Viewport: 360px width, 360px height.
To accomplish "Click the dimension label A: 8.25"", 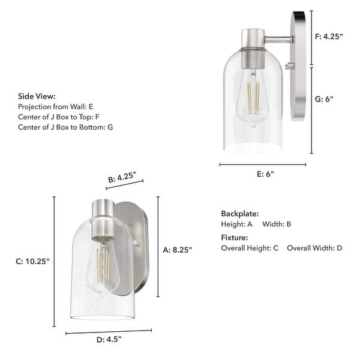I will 177,250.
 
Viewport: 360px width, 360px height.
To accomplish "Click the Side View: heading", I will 37,96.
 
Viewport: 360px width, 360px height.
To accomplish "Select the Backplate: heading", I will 239,214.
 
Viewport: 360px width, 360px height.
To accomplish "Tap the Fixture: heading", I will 235,238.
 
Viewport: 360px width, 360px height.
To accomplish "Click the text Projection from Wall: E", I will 56,106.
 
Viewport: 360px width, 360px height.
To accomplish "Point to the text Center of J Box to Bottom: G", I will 65,127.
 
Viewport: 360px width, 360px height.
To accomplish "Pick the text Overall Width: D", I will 314,248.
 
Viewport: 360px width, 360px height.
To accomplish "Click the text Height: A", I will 237,224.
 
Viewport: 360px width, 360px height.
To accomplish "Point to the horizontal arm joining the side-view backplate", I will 279,40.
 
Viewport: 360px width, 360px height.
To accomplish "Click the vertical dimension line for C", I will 55,261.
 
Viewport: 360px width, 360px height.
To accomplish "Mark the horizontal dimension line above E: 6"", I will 262,164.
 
